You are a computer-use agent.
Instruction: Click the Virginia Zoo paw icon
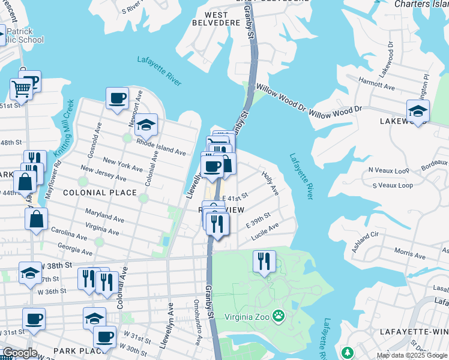278,316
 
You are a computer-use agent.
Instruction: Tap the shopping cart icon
21,90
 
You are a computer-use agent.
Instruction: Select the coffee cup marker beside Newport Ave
118,98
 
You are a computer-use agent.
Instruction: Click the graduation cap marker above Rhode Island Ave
145,125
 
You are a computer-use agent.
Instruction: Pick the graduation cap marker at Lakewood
418,110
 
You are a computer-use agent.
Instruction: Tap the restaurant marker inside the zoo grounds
264,261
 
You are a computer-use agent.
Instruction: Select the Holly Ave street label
270,183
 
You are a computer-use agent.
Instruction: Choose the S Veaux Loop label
393,185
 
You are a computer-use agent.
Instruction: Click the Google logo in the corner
19,353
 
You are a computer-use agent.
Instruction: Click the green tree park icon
346,352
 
